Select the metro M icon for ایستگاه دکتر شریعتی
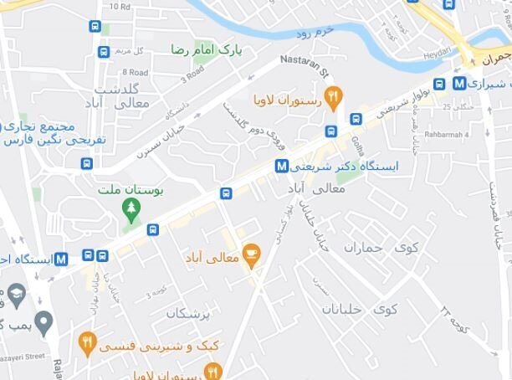point(282,167)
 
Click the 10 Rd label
point(120,7)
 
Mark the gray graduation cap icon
point(16,295)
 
